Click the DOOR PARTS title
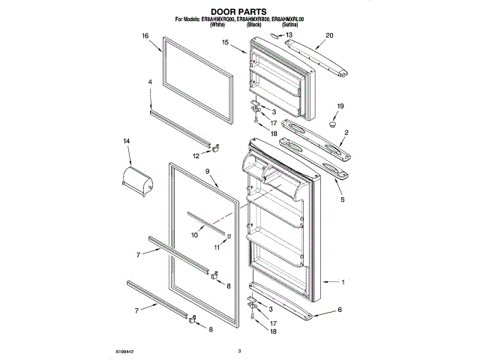(239, 11)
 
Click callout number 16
(145, 35)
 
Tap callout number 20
(329, 35)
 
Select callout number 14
(127, 141)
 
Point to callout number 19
(340, 106)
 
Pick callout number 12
(196, 156)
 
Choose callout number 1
(343, 283)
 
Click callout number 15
(224, 43)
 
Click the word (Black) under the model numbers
(253, 25)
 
